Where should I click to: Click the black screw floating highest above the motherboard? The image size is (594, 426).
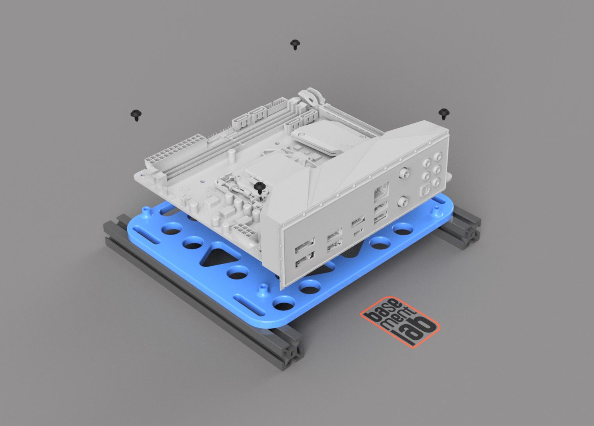[295, 44]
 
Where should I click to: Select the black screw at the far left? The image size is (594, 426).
[136, 115]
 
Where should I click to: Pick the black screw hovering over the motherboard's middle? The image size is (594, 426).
[259, 188]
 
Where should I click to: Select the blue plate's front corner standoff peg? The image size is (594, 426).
[263, 290]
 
